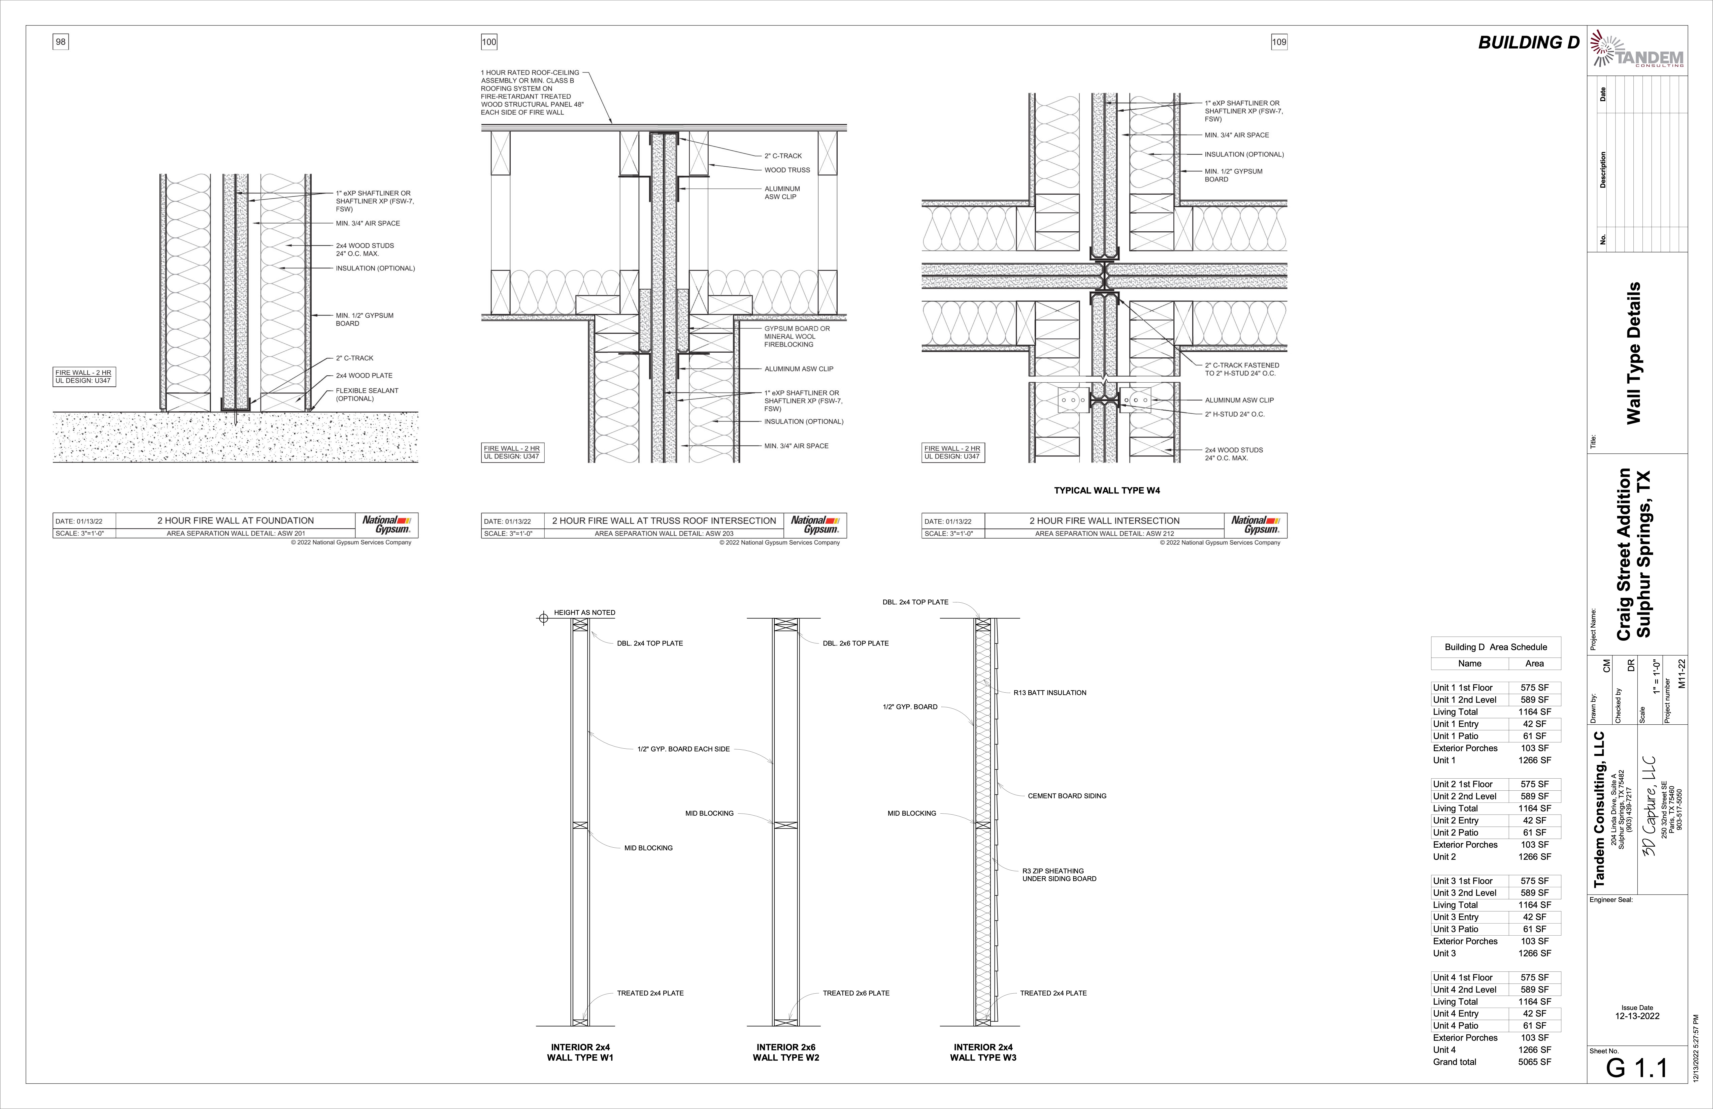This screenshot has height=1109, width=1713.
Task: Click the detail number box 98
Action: pyautogui.click(x=60, y=42)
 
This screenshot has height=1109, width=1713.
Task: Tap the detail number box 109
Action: pyautogui.click(x=1279, y=42)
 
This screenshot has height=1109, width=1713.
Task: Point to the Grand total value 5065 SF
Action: pyautogui.click(x=1534, y=1061)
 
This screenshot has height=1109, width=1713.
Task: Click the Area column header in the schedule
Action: pyautogui.click(x=1534, y=663)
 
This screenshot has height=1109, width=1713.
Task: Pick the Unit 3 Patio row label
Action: pyautogui.click(x=1455, y=929)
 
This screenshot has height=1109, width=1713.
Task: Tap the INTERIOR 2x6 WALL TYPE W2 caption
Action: pyautogui.click(x=786, y=1052)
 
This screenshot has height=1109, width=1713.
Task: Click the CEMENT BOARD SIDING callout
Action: pyautogui.click(x=1067, y=796)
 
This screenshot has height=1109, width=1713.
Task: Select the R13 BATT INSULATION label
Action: pyautogui.click(x=1049, y=693)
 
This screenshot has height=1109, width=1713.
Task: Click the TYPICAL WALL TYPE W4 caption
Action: pyautogui.click(x=1107, y=490)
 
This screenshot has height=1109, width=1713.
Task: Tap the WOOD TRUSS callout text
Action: pyautogui.click(x=787, y=170)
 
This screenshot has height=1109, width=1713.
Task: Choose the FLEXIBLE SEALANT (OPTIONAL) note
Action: pyautogui.click(x=366, y=395)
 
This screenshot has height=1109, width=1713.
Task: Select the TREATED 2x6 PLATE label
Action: pyautogui.click(x=856, y=993)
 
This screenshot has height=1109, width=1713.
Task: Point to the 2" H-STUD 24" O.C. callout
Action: pyautogui.click(x=1234, y=414)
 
